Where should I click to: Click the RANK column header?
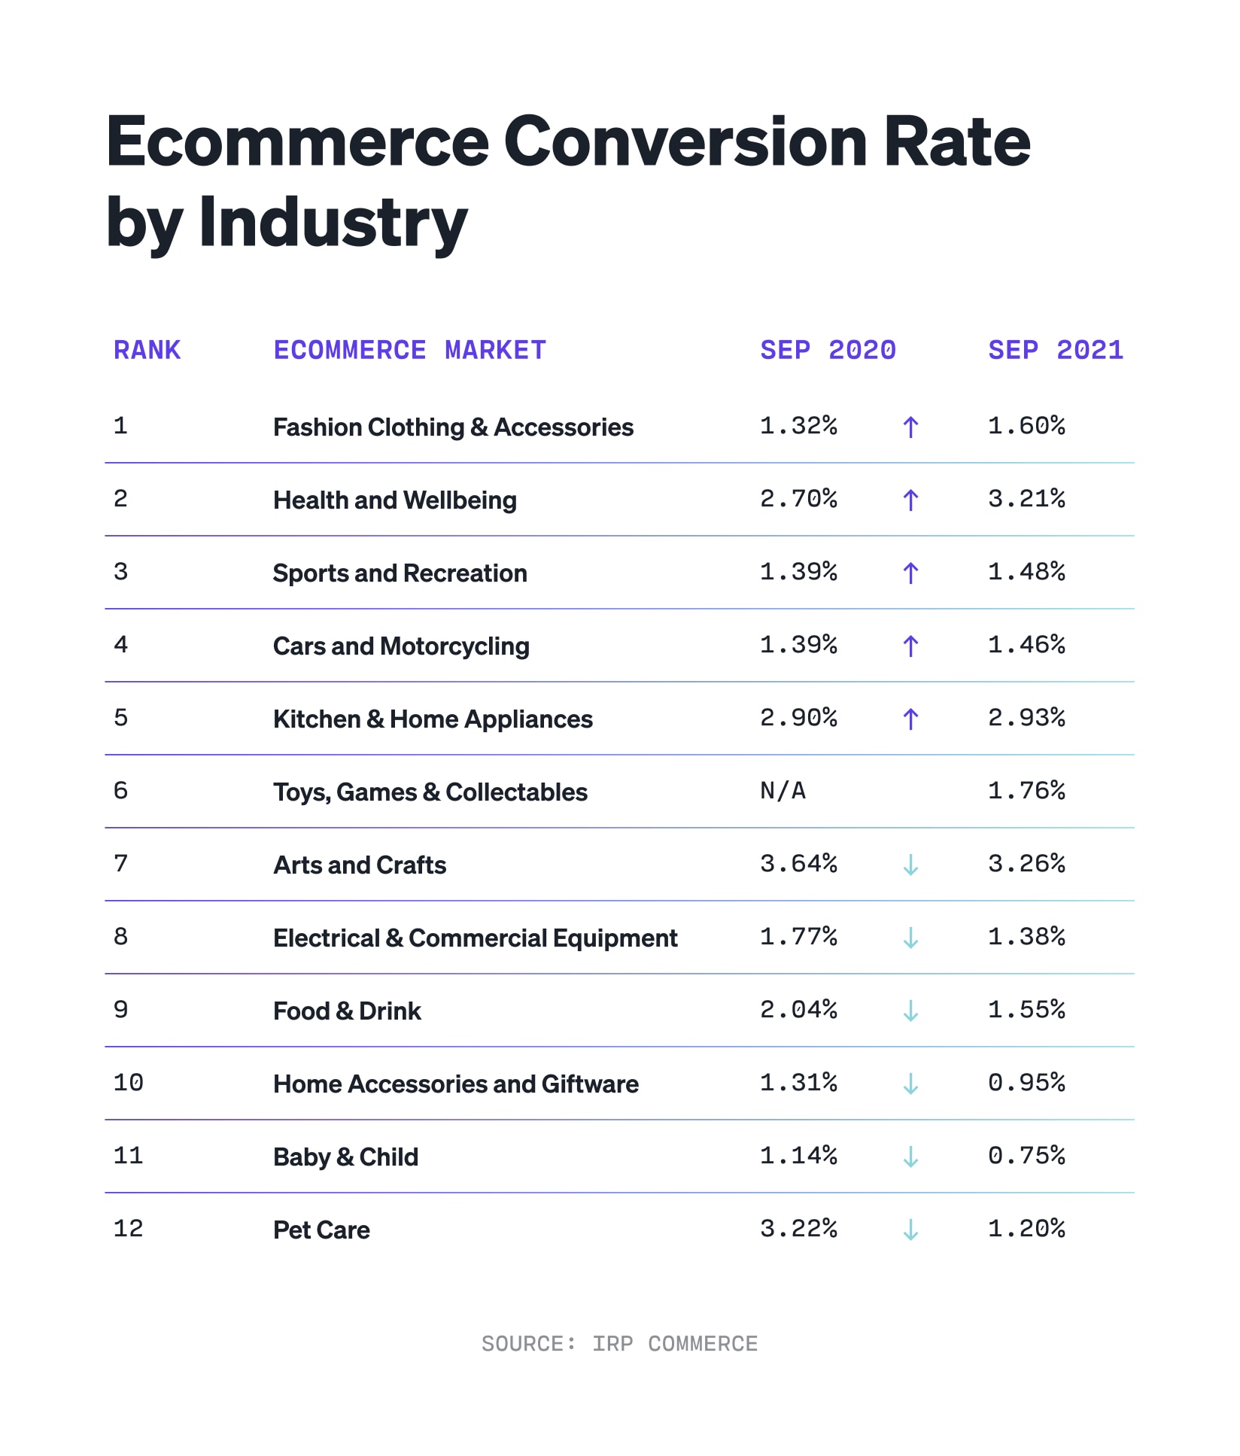coord(147,350)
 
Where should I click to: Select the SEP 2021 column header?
coord(1055,350)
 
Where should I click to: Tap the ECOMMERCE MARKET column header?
coord(409,350)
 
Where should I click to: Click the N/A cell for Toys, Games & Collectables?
coord(783,790)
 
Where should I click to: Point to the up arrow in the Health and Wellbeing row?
coord(910,500)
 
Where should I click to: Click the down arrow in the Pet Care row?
coord(910,1229)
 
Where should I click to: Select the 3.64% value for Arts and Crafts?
coord(798,863)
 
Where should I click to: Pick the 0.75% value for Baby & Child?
coord(1026,1155)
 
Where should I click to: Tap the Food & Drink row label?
coord(347,1011)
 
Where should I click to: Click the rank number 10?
coord(128,1082)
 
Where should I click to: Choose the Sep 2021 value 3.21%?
coord(1026,498)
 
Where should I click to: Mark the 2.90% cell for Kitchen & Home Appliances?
coord(798,717)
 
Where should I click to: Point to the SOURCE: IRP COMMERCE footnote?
coord(619,1343)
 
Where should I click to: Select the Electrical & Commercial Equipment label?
coord(475,938)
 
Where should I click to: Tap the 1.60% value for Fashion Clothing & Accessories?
coord(1026,425)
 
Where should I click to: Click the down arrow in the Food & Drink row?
coord(910,1011)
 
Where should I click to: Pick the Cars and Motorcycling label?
coord(401,646)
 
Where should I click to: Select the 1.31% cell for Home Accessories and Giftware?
coord(798,1082)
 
